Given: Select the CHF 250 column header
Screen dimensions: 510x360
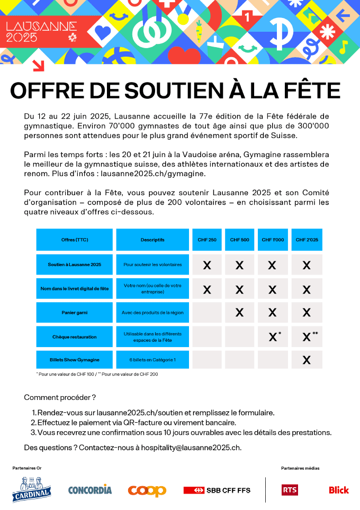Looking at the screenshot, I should click(207, 240).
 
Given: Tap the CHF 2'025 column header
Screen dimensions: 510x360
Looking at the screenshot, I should click(307, 240).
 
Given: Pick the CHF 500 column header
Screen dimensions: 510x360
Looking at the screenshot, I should click(239, 240).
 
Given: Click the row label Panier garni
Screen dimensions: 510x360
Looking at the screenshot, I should click(75, 313).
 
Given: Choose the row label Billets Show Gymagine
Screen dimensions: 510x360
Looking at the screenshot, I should click(75, 360).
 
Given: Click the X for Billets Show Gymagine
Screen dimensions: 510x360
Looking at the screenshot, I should click(307, 360).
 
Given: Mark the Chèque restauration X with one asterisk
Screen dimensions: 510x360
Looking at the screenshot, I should click(273, 336).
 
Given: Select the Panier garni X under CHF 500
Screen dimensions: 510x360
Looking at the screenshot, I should click(239, 313).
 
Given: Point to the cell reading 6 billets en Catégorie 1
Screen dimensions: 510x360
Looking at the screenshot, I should click(152, 360).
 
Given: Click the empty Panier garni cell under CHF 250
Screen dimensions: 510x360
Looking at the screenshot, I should click(207, 313).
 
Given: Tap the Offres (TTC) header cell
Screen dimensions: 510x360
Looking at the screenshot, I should click(75, 240).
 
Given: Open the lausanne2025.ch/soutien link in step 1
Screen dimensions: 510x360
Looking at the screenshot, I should click(134, 413).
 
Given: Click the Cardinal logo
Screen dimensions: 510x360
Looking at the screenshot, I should click(32, 489).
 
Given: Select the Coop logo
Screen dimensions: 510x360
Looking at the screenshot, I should click(147, 490).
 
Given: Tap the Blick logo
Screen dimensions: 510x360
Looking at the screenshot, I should click(339, 490).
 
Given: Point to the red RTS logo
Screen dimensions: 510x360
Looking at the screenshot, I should click(290, 490).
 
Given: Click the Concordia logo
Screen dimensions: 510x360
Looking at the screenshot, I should click(90, 490).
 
